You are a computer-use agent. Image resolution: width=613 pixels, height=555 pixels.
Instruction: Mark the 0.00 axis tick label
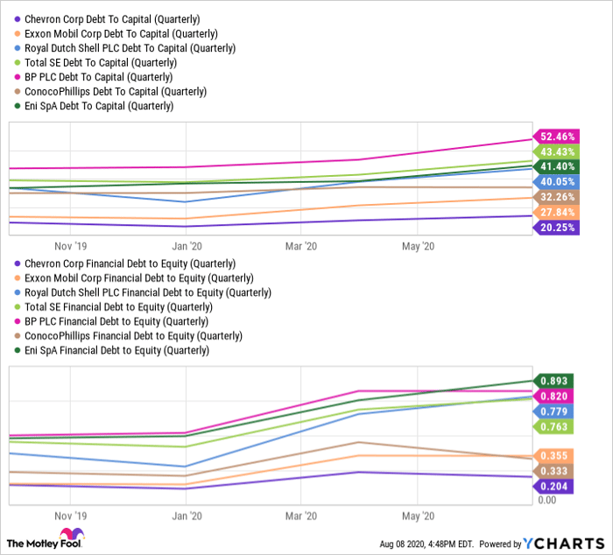pos(547,500)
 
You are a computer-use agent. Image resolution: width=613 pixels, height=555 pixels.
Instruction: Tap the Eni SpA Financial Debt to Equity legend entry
pos(117,350)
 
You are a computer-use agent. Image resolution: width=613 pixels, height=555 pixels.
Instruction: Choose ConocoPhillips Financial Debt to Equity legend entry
pos(133,335)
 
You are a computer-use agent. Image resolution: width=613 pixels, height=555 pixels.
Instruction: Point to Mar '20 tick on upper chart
pos(300,247)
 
